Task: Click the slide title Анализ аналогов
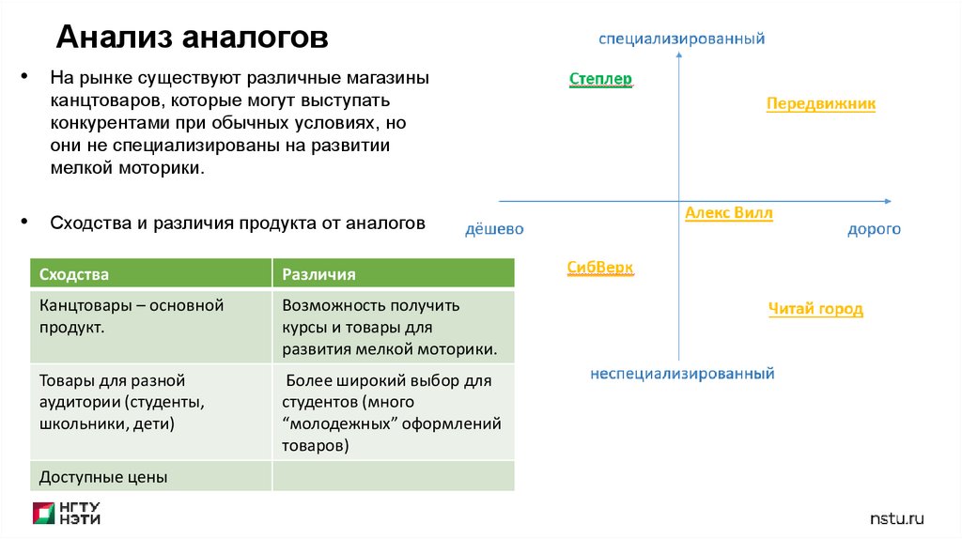193,38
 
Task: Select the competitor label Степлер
600,79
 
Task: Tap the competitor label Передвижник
820,103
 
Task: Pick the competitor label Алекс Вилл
728,213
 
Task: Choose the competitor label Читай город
815,309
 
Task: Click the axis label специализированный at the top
682,38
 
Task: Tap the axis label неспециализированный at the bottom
682,373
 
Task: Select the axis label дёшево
494,229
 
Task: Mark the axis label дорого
874,229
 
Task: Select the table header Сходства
74,274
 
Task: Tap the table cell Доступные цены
103,477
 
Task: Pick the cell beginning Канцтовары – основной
132,316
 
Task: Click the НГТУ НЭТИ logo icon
44,513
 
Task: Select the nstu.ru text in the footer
897,517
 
